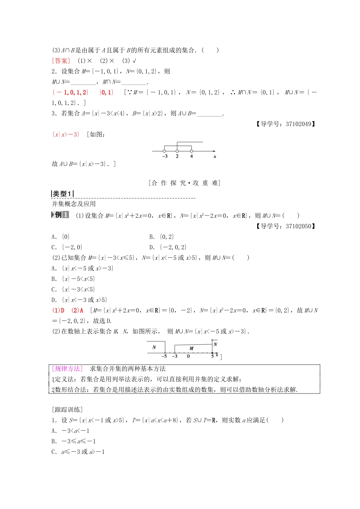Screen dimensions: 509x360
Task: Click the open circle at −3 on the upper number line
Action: tap(164, 151)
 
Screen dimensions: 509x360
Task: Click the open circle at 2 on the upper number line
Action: tap(177, 151)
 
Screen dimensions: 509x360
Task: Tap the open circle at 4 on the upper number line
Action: tap(191, 151)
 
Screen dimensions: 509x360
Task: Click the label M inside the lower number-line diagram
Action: tap(191, 348)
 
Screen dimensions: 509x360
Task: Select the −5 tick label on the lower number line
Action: tap(164, 356)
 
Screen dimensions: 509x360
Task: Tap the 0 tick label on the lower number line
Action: tap(188, 356)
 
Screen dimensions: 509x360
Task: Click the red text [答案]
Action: tap(61, 61)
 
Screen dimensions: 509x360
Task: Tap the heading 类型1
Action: tap(62, 194)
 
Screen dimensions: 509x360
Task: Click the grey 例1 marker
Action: tap(60, 215)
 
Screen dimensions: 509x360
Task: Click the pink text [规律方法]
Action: tap(67, 369)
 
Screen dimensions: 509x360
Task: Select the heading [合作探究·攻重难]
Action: tap(185, 183)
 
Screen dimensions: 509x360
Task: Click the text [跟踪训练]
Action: tap(67, 409)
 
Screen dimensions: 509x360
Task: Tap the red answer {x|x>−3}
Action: tap(66, 134)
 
